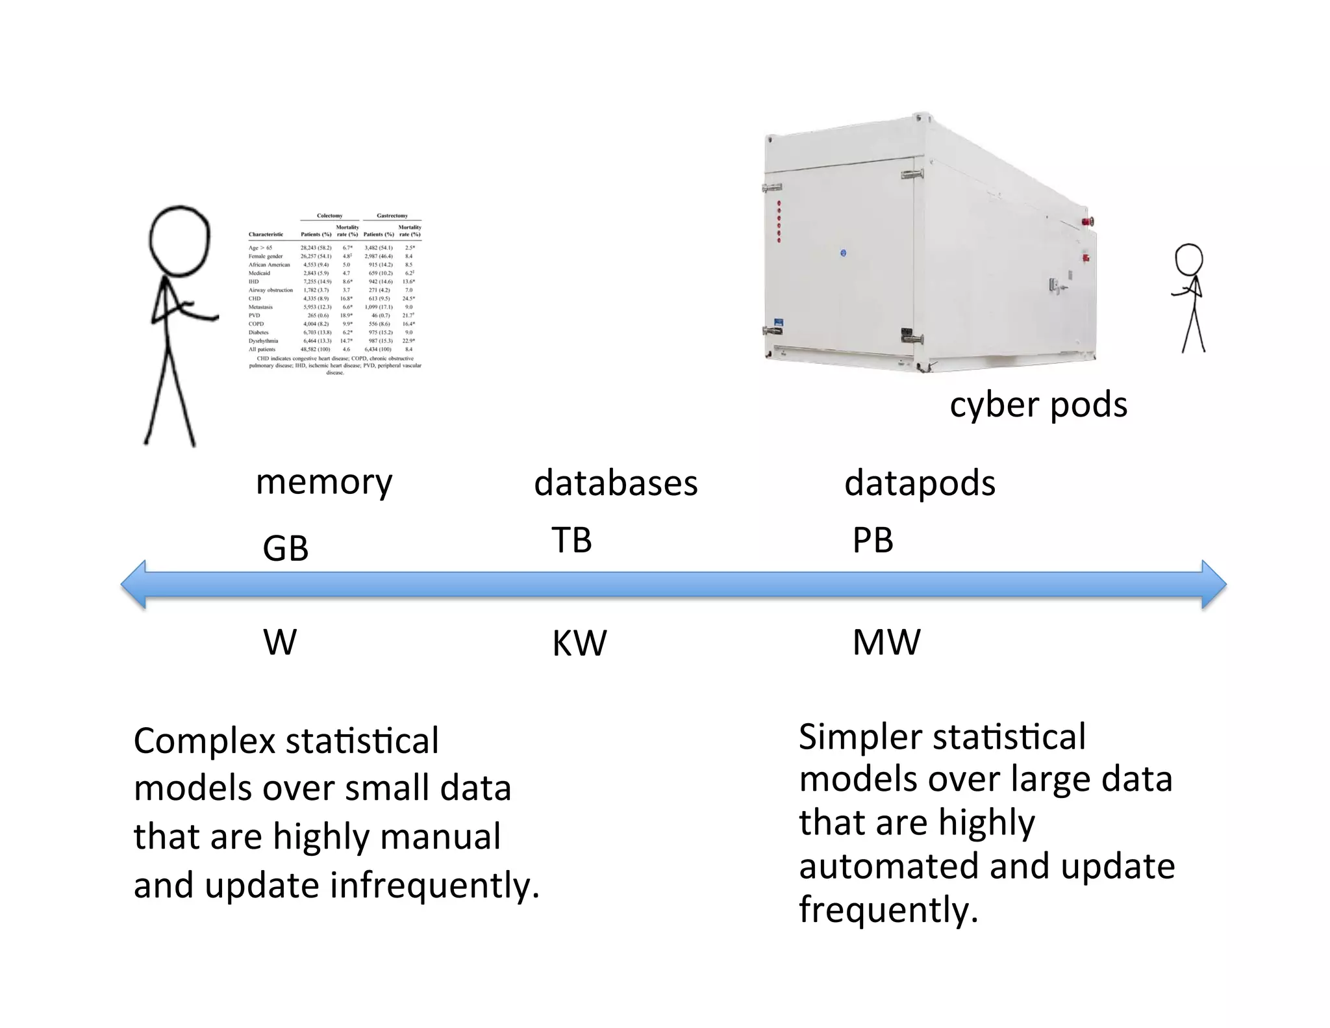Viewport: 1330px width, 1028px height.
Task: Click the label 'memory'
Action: tap(324, 483)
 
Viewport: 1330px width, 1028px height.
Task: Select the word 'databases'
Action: tap(615, 483)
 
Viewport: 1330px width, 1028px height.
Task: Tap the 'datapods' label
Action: tap(919, 483)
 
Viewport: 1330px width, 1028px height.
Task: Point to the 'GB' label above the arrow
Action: tap(285, 548)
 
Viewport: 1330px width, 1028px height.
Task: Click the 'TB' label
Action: tap(571, 541)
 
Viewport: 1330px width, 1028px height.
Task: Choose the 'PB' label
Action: tap(872, 541)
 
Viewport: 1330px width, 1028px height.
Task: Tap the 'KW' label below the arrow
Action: tap(579, 643)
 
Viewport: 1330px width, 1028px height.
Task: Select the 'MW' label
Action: tap(886, 643)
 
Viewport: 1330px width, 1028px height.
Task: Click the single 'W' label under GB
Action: tap(280, 643)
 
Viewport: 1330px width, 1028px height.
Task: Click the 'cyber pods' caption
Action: tap(1038, 405)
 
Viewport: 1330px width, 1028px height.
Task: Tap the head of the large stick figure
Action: tap(179, 240)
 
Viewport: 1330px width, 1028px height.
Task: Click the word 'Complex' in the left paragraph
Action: tap(204, 741)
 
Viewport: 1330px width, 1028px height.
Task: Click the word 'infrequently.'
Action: tap(434, 886)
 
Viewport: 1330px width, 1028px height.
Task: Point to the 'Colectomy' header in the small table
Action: tap(329, 216)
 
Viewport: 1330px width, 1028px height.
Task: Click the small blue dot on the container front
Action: tap(843, 253)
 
